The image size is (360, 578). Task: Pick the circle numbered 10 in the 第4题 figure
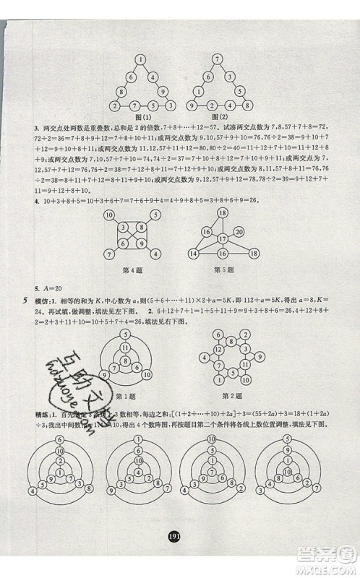(109, 216)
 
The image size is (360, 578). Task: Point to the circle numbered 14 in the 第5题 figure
(194, 254)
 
